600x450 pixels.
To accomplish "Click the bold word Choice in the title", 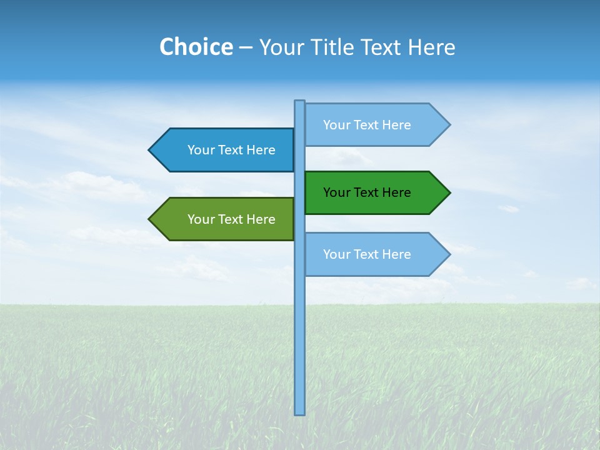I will pyautogui.click(x=196, y=47).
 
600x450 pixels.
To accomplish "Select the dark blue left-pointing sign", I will pyautogui.click(x=225, y=150).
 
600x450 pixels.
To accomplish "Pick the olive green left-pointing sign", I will pyautogui.click(x=225, y=219).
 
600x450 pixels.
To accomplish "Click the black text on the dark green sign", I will pyautogui.click(x=367, y=192).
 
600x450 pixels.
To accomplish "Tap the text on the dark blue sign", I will pyautogui.click(x=231, y=150).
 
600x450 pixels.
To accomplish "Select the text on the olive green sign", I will pyautogui.click(x=231, y=219).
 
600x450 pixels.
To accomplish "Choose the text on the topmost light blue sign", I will pyautogui.click(x=367, y=125).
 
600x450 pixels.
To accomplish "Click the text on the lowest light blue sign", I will pyautogui.click(x=367, y=254).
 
